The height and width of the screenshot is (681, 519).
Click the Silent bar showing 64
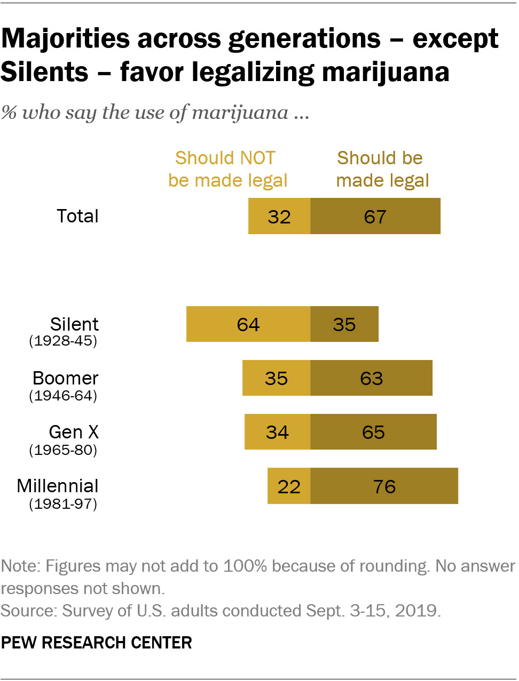(248, 324)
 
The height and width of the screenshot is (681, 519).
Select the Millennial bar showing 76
(384, 486)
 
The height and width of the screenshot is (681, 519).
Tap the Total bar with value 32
(279, 216)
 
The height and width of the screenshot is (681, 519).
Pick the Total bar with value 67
(375, 216)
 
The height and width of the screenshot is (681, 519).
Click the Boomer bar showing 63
(371, 378)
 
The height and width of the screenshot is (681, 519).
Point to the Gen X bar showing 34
(277, 432)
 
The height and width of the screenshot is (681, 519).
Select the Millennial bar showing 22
(289, 486)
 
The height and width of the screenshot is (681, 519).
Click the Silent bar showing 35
(344, 324)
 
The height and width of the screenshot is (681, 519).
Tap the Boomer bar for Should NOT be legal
(276, 378)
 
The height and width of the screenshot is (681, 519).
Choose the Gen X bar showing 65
(373, 432)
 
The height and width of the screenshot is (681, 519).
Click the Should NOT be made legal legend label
(227, 169)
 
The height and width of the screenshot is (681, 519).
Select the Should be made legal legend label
(382, 169)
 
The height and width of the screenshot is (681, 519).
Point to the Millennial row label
(58, 486)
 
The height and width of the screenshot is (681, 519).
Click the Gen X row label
(74, 432)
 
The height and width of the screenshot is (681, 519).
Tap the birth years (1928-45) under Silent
(63, 341)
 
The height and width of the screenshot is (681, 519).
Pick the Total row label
(77, 216)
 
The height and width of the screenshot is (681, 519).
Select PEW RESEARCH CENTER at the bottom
(96, 643)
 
